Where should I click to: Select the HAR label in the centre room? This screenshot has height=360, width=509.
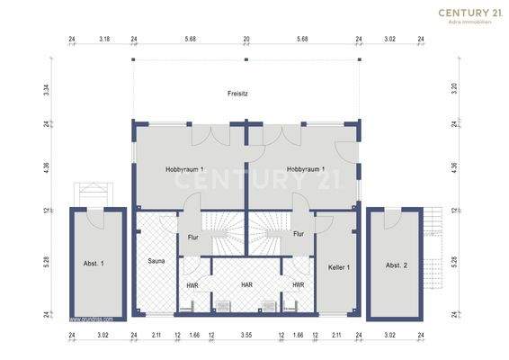click(246, 285)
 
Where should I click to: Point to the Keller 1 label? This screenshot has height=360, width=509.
click(339, 267)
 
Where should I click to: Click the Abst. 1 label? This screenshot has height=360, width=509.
click(94, 264)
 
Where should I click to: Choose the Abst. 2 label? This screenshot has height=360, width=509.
click(397, 265)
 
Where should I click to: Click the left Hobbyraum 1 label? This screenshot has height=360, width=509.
click(184, 169)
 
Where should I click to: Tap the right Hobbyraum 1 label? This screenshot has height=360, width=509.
click(306, 169)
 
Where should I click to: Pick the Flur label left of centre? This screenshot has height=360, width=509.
click(192, 238)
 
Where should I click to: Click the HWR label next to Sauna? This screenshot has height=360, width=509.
click(192, 285)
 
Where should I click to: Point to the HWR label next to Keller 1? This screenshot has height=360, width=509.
click(298, 285)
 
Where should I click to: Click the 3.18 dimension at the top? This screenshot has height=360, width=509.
click(104, 40)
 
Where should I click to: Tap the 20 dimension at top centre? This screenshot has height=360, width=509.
click(246, 40)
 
